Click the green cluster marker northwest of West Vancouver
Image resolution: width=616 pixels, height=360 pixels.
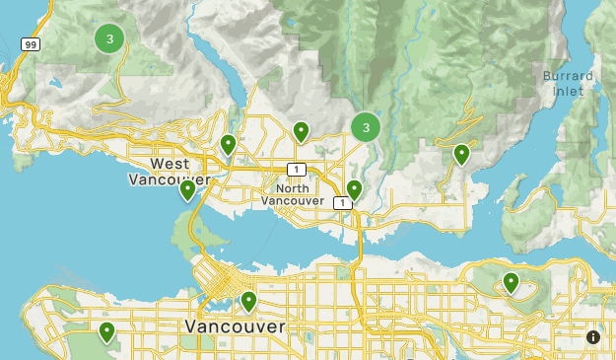click(x=109, y=39)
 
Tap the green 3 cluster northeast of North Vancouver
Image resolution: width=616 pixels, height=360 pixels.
click(x=366, y=127)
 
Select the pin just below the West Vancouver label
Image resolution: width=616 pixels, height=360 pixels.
click(x=187, y=188)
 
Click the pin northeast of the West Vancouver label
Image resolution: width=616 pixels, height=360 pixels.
click(x=229, y=144)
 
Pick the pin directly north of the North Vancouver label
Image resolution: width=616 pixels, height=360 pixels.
click(x=301, y=130)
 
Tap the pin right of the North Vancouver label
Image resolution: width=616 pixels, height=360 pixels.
click(x=354, y=188)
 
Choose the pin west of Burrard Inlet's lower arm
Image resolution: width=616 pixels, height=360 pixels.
click(x=461, y=154)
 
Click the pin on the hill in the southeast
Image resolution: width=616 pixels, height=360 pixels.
click(x=511, y=282)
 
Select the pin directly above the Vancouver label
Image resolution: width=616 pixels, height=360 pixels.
click(x=248, y=300)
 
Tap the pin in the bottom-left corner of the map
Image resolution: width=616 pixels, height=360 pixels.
click(x=106, y=331)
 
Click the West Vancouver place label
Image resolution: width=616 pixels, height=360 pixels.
click(x=169, y=171)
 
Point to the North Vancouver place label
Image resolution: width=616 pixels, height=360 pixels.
click(x=293, y=194)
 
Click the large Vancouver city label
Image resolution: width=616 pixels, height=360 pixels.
click(x=235, y=325)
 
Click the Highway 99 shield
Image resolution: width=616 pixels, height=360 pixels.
click(x=31, y=45)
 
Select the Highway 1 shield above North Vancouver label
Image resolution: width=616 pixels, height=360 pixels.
click(x=295, y=169)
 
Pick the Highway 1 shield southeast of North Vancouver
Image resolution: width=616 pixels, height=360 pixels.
click(x=340, y=203)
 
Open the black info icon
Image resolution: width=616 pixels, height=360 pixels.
click(x=593, y=337)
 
